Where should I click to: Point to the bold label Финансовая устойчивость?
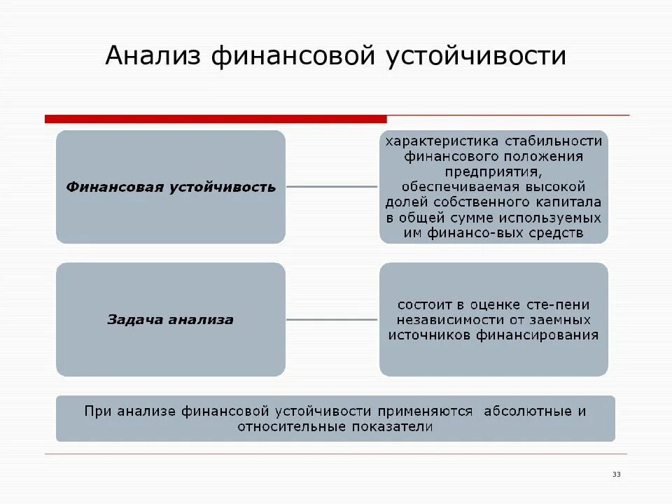tap(171, 188)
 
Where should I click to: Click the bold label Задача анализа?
tap(170, 320)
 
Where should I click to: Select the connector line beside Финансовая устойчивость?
tap(332, 187)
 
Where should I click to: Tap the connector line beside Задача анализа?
tap(332, 320)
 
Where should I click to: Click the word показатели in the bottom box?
tap(385, 426)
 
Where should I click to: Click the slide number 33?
tap(617, 475)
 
